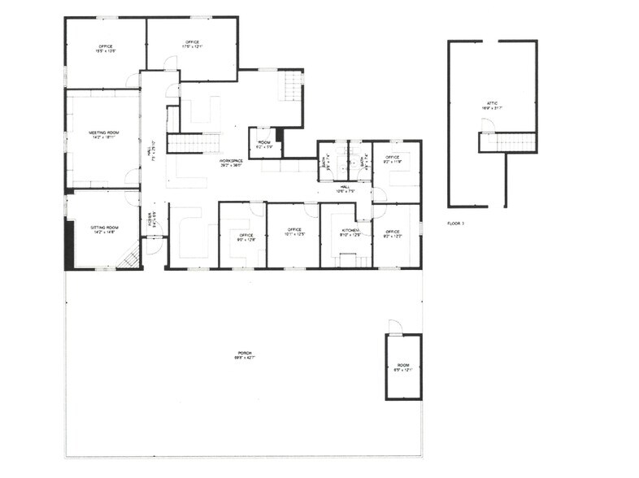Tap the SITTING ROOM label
click(104, 229)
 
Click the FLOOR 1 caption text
click(455, 222)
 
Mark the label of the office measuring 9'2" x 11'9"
click(392, 159)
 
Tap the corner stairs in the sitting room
click(130, 259)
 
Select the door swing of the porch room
click(394, 326)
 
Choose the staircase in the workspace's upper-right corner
click(290, 85)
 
